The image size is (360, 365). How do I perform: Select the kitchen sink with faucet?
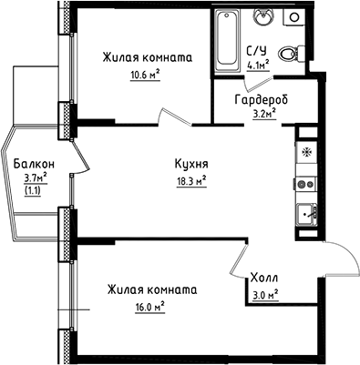pos(304,217)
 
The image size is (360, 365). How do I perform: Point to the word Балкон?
pos(34,164)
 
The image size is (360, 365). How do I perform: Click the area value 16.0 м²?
pos(146,307)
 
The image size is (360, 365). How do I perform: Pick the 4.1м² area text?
pos(259,65)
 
